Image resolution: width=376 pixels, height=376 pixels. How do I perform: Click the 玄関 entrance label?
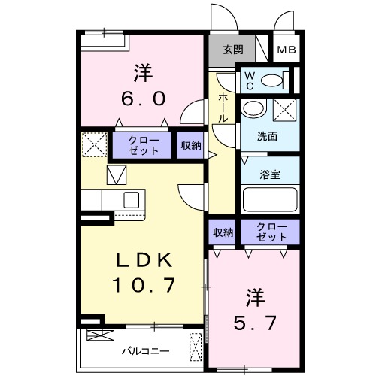tap(232, 50)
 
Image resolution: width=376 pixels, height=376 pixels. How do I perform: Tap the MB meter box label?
tap(286, 50)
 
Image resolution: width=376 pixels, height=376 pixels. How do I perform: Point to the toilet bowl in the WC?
tap(274, 79)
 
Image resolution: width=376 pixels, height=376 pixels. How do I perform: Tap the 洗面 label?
tap(268, 137)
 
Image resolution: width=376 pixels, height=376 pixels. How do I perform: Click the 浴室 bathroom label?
tap(270, 174)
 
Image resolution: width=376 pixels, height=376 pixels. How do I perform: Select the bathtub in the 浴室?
tap(270, 201)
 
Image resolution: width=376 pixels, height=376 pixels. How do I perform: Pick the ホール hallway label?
tap(224, 108)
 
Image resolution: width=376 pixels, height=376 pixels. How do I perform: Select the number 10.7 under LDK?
tap(144, 286)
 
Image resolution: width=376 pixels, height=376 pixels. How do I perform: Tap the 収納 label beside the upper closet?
tap(191, 145)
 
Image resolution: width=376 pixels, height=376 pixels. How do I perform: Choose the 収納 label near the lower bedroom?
tap(223, 232)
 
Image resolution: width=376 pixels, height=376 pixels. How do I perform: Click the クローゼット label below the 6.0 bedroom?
tap(142, 144)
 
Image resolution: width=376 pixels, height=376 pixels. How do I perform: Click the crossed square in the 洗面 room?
tap(284, 108)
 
